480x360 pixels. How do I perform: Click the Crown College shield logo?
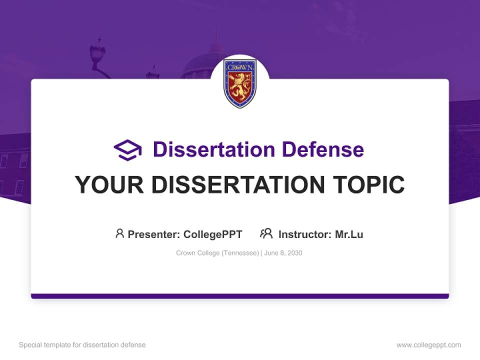click(x=240, y=82)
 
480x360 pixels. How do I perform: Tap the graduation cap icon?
click(x=127, y=150)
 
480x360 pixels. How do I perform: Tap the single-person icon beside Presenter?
click(x=119, y=233)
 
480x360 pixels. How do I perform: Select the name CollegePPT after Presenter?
click(x=213, y=234)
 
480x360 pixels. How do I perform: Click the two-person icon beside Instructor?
click(x=266, y=233)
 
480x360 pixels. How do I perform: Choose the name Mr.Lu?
click(x=349, y=234)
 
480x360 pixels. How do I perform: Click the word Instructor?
click(x=304, y=234)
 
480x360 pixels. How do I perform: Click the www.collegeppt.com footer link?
click(x=428, y=345)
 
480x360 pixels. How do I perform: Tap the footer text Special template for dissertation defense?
click(x=82, y=345)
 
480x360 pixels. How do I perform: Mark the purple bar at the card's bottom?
click(x=240, y=296)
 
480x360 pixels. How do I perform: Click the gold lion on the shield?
click(x=240, y=87)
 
